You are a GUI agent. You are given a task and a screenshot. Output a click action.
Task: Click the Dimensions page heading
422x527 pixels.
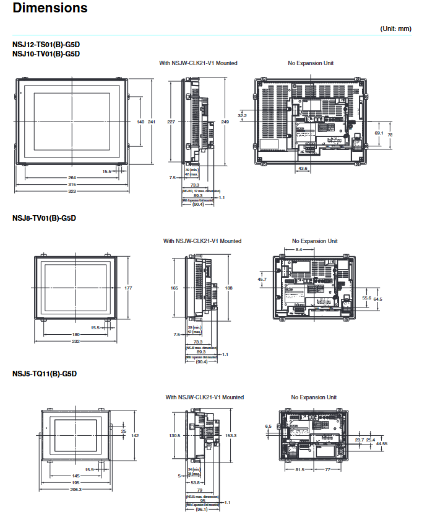tap(50, 9)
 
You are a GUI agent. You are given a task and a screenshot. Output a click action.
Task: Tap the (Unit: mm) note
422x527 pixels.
tap(395, 29)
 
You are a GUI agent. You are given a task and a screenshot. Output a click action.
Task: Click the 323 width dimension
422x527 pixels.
tap(72, 191)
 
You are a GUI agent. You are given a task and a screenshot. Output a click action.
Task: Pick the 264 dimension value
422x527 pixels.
tap(72, 178)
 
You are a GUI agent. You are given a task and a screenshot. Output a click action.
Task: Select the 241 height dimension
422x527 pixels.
tap(152, 122)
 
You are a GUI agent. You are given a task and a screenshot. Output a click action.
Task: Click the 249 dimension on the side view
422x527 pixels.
tap(225, 122)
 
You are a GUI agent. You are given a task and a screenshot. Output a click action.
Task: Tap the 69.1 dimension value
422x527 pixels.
tap(379, 133)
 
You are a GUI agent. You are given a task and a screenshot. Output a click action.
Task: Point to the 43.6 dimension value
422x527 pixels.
tap(303, 168)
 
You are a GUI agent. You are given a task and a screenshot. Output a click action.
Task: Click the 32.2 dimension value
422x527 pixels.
tap(242, 115)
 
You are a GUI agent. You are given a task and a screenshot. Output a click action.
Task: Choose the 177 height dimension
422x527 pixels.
tap(128, 288)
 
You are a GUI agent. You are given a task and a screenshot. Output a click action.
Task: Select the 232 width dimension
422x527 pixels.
tap(75, 342)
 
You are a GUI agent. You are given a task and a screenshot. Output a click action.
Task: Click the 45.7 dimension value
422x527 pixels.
tap(262, 280)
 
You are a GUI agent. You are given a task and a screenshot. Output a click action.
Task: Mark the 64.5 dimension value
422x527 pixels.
tap(377, 299)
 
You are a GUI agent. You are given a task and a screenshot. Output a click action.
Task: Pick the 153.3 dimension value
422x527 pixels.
tap(231, 435)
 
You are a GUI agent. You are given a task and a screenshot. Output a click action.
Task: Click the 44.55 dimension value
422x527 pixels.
tap(381, 443)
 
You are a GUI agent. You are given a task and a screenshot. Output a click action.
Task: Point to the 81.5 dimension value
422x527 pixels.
tap(299, 470)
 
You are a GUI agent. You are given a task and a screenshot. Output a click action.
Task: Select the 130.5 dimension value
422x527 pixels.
tap(174, 435)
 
